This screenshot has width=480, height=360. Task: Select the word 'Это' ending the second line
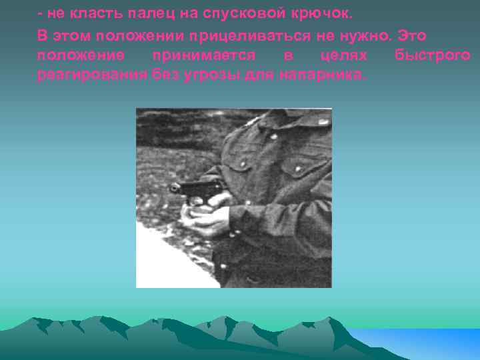click(x=411, y=35)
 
